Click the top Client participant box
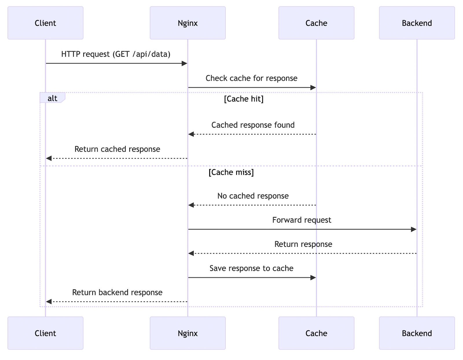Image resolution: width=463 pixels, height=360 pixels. point(45,23)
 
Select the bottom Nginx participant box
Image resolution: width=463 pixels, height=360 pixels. point(188,333)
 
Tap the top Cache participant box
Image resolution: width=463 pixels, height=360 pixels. point(316,23)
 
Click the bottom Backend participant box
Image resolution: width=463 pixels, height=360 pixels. point(417,333)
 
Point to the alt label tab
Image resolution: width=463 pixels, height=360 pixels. point(52,98)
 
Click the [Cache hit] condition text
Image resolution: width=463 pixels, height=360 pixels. point(244,99)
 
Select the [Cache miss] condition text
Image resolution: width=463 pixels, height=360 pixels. point(231,172)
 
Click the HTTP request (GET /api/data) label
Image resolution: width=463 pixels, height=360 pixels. point(116,54)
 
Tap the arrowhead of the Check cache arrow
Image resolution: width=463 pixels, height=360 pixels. point(313,88)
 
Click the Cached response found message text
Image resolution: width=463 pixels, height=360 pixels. point(253,125)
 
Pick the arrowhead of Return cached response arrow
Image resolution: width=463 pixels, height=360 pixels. point(49,158)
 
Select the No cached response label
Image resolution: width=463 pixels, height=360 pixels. point(253,196)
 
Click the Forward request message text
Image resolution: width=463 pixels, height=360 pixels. point(302,220)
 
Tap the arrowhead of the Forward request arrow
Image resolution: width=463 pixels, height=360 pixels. point(414,229)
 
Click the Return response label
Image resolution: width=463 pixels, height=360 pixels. point(303,244)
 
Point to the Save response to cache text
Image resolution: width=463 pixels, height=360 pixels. point(251,268)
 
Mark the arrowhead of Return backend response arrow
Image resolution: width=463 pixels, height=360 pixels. point(49,302)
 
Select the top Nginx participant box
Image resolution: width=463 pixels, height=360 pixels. point(188,23)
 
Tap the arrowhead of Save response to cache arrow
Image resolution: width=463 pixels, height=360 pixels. point(313,278)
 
